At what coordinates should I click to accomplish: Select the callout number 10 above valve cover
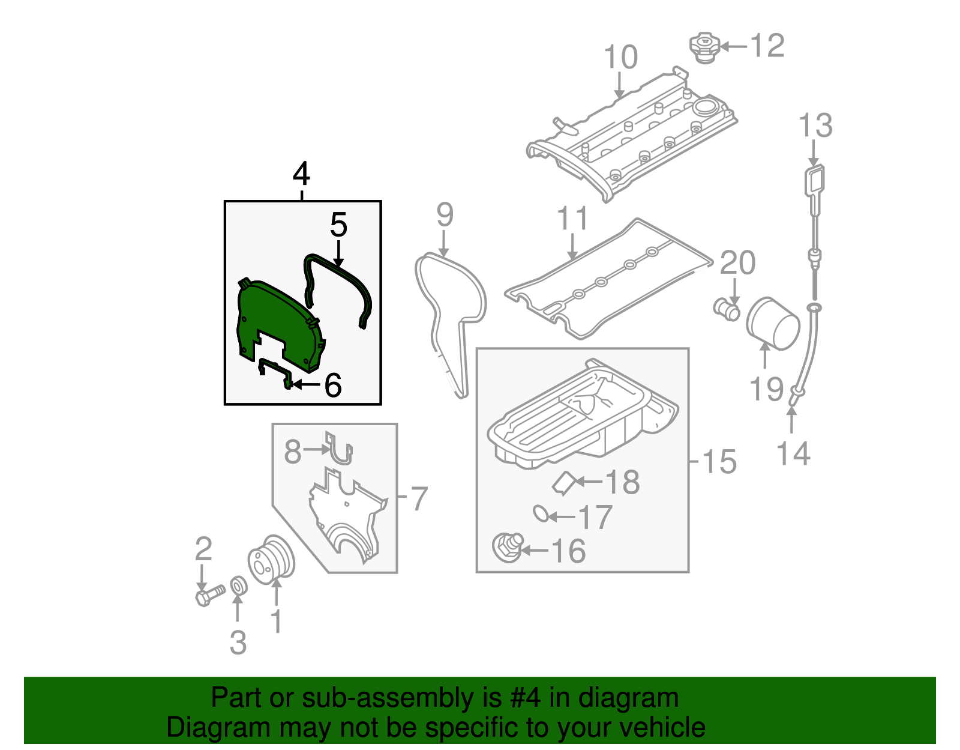620,58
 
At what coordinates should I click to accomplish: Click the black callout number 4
301,174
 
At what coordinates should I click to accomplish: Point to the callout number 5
338,225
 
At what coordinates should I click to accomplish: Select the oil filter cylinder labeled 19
773,324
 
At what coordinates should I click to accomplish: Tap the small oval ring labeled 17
541,513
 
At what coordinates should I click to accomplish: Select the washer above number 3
238,586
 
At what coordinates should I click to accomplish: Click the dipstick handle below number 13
814,182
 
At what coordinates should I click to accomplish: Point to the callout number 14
793,454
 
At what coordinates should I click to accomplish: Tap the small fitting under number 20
727,308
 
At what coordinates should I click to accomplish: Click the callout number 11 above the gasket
573,219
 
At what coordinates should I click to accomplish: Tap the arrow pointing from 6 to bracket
306,384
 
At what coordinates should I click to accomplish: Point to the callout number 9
445,215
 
